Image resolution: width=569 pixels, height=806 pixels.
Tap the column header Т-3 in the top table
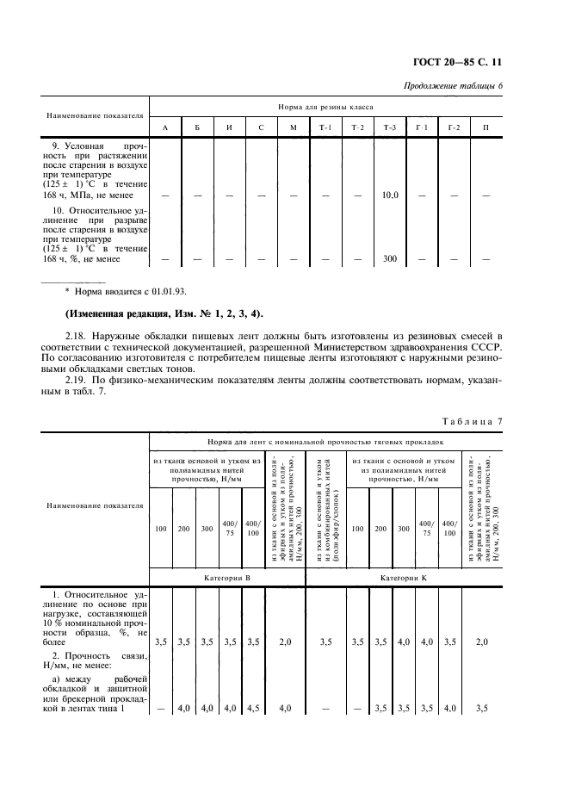pos(390,127)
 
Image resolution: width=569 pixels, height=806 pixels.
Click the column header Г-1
pos(422,127)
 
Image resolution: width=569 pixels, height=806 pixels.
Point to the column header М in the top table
pos(293,127)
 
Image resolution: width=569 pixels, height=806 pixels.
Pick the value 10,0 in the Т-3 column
pos(390,195)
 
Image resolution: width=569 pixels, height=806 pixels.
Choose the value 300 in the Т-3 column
pos(390,258)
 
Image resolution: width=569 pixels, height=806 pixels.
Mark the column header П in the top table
pos(486,127)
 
